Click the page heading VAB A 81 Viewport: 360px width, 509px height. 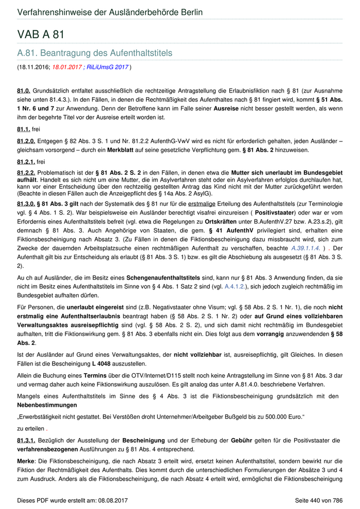coord(41,34)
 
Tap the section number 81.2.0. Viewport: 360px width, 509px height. coord(26,140)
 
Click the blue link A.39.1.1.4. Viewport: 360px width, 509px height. coord(306,248)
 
